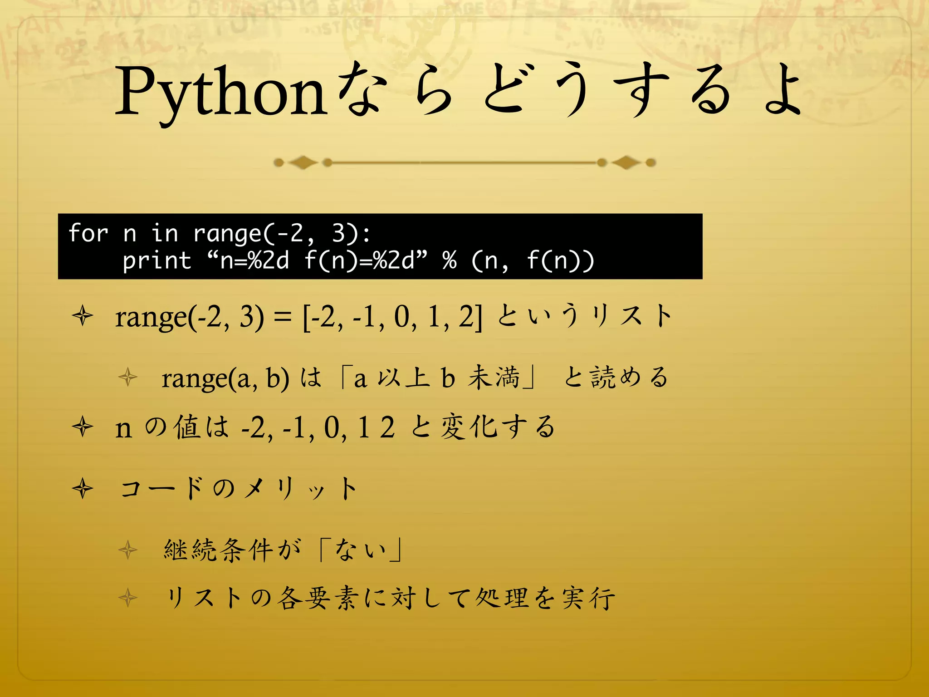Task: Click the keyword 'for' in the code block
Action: [x=88, y=233]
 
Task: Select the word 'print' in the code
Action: [x=157, y=261]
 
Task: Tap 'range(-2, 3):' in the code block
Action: [x=282, y=233]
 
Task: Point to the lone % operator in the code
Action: [x=450, y=260]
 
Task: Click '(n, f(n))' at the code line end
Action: [x=533, y=261]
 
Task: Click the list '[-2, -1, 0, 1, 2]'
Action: [x=393, y=317]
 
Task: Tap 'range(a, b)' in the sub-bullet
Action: [x=225, y=378]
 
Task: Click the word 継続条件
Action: [x=218, y=550]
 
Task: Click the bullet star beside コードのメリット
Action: [x=83, y=489]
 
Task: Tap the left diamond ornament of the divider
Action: [x=303, y=162]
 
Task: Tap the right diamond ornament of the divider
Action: [x=626, y=162]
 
